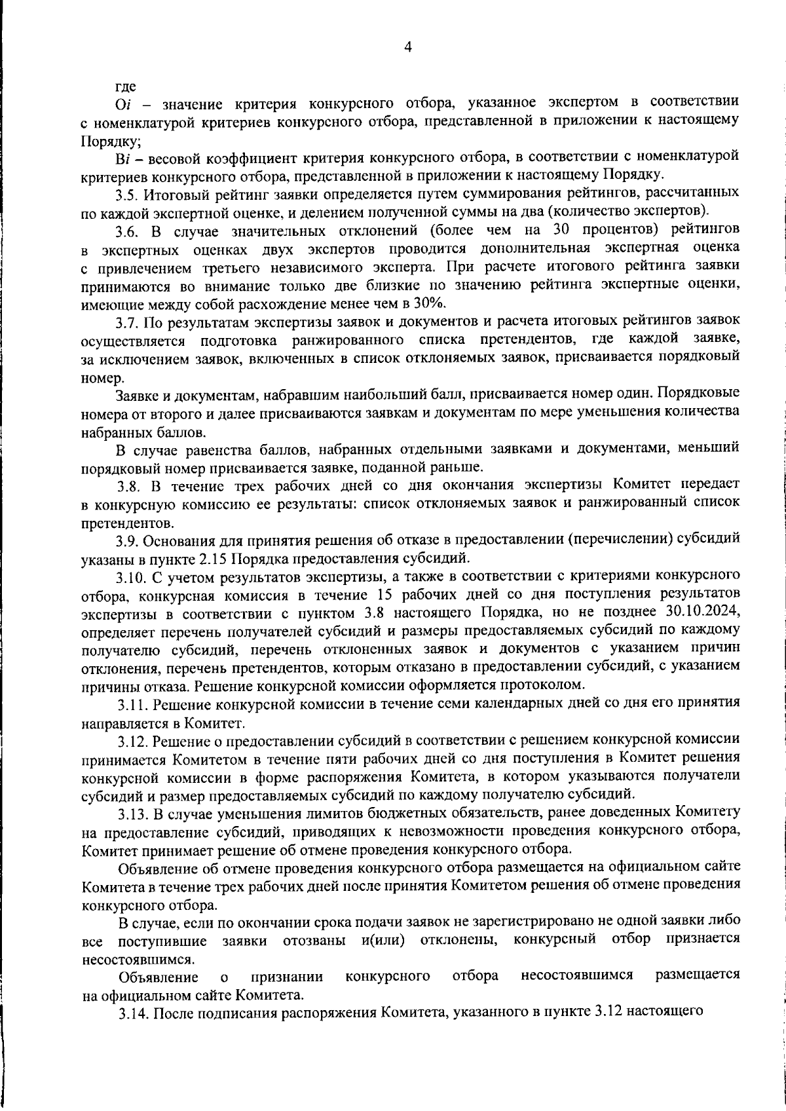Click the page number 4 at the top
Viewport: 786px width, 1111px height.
[407, 47]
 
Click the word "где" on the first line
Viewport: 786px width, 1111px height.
[126, 86]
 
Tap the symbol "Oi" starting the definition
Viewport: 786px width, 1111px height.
[124, 104]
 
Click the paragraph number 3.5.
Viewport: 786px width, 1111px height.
[127, 194]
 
